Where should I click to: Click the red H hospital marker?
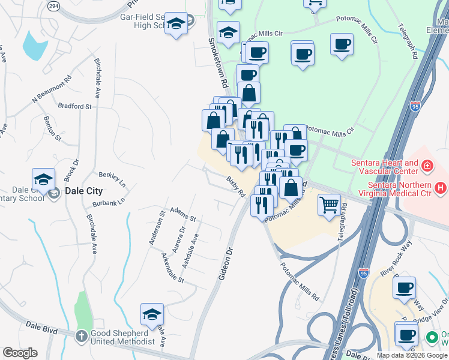coord(441,188)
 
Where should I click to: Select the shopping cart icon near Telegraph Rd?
coord(329,205)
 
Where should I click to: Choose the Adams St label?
coord(183,214)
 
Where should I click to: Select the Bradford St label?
coord(74,106)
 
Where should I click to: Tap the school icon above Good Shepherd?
coord(152,314)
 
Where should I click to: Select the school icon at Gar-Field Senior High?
coord(176,23)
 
